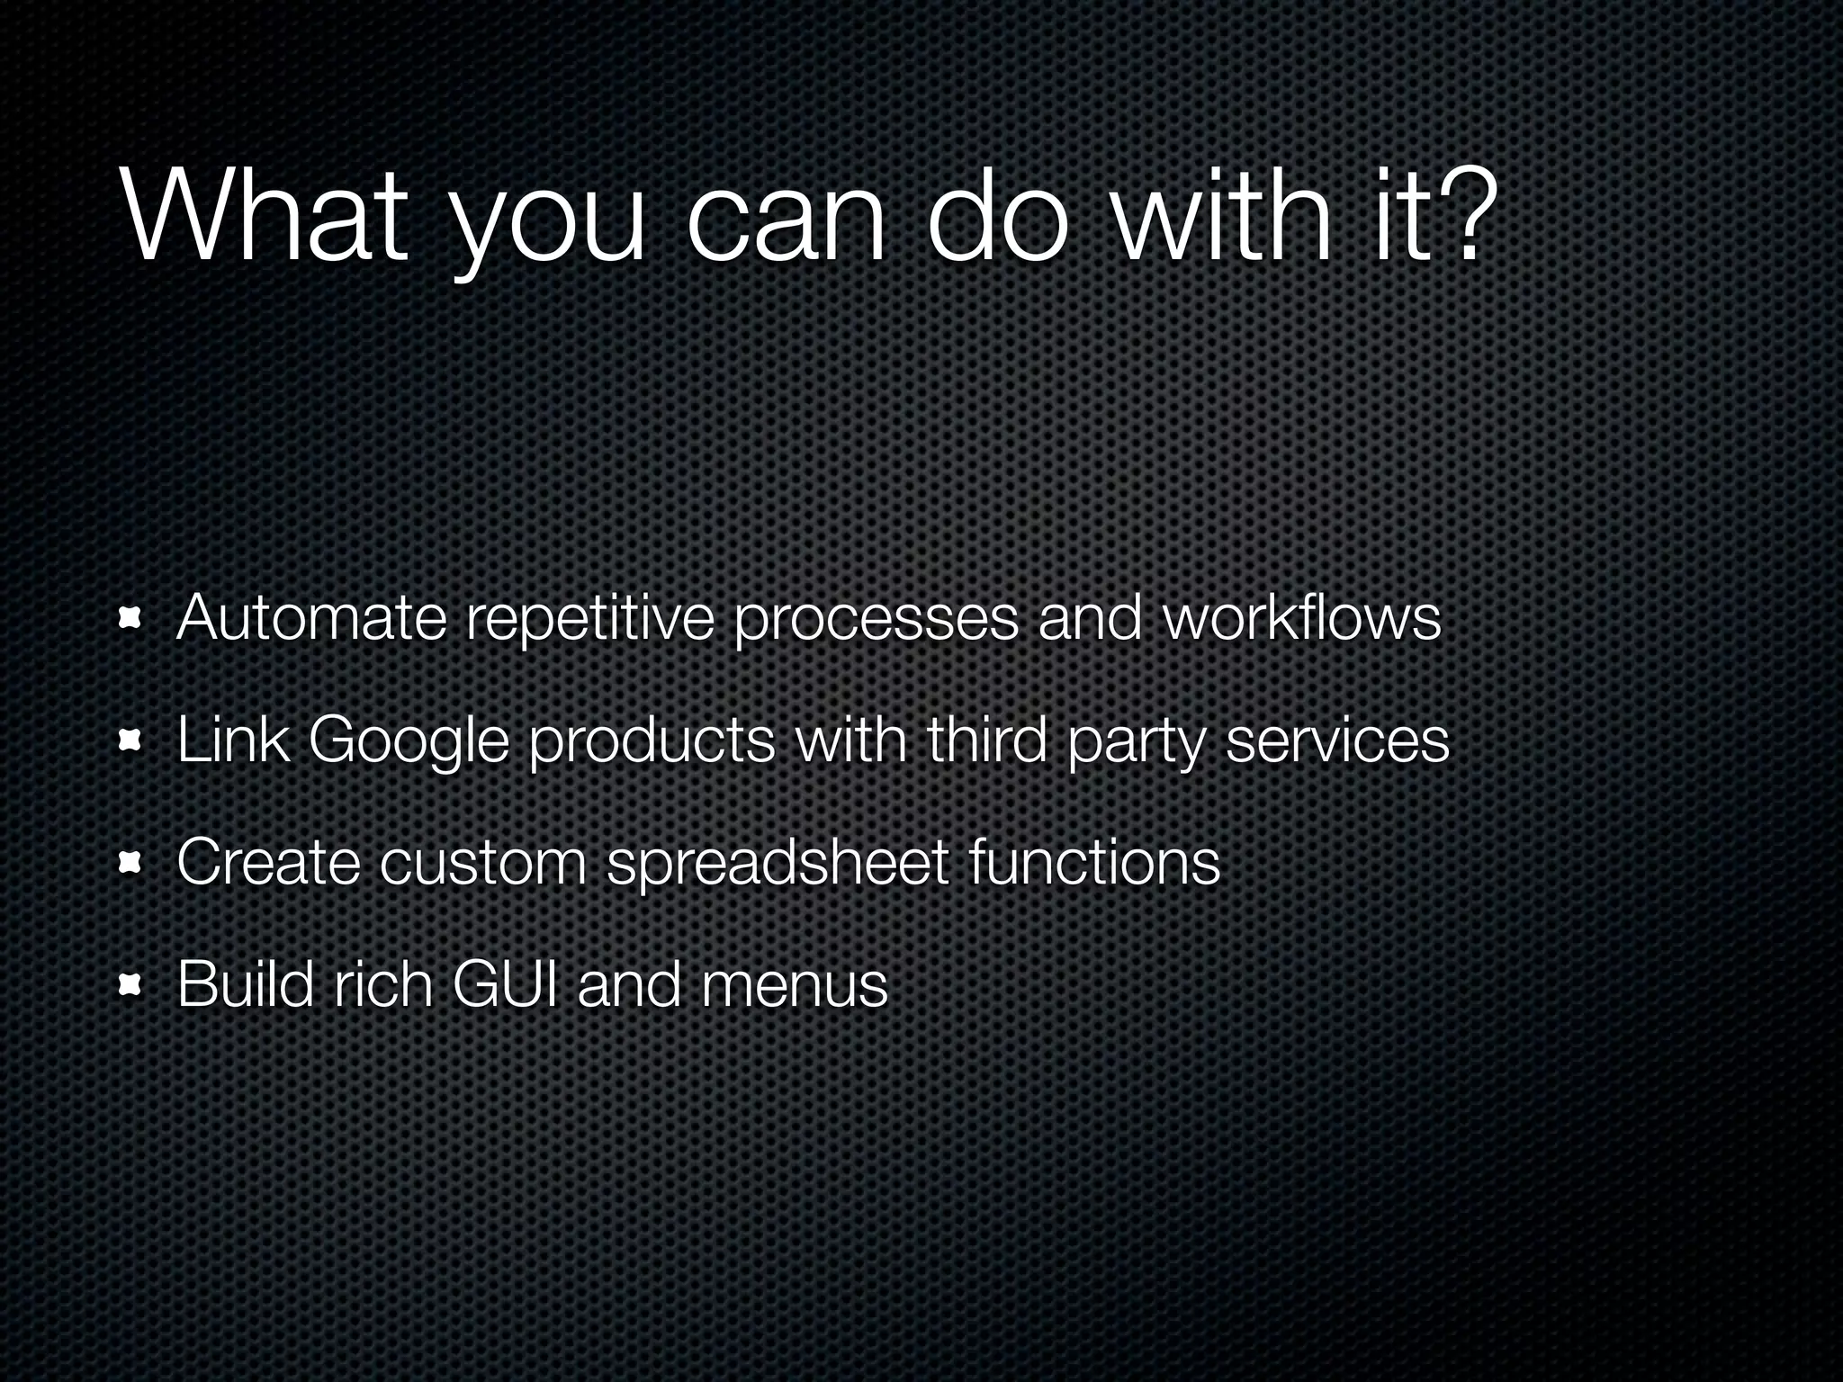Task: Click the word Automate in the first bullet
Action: click(311, 618)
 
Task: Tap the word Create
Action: click(268, 861)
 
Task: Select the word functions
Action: click(1095, 861)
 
